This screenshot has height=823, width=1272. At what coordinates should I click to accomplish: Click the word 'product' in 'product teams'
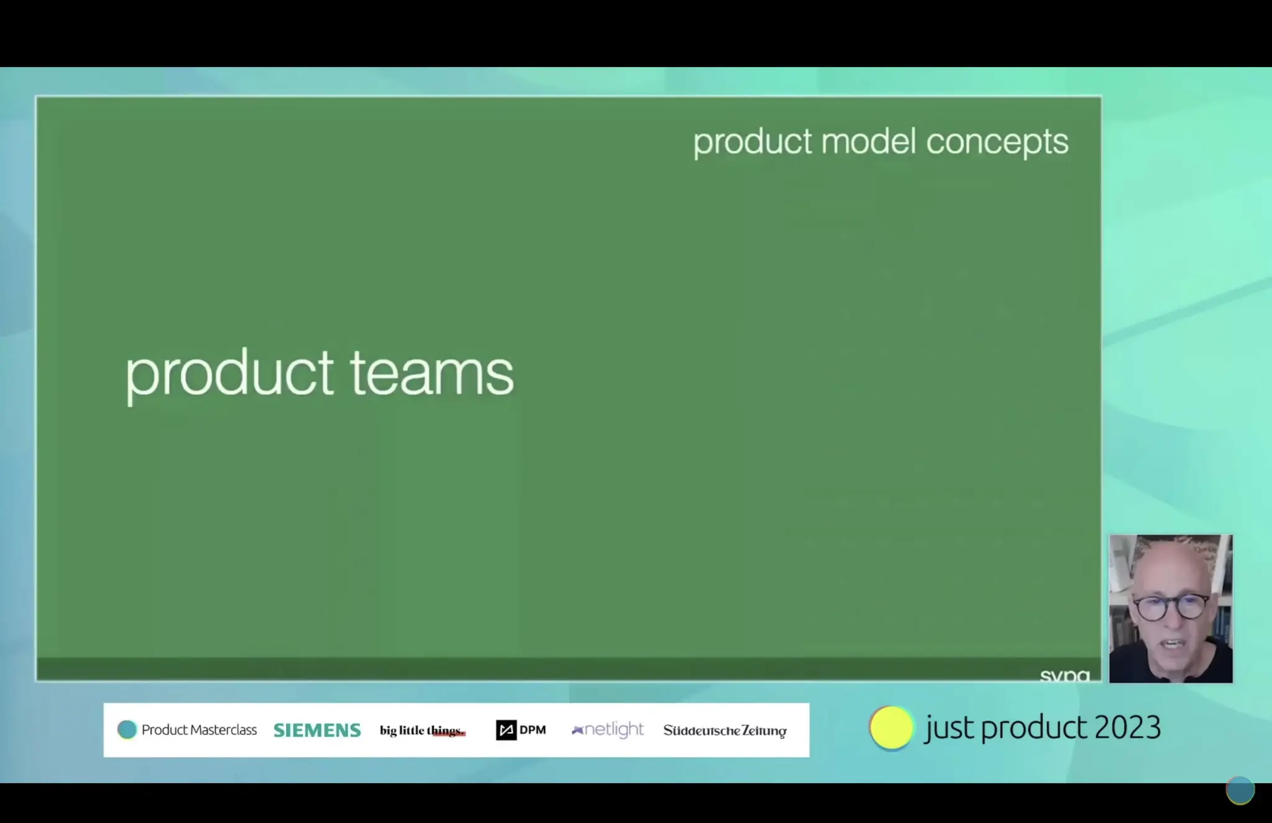click(x=229, y=374)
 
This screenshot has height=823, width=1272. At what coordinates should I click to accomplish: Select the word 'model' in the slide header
click(x=868, y=142)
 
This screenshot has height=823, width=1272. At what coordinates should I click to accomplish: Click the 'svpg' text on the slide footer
click(x=1065, y=675)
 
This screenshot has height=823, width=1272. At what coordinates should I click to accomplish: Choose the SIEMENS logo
click(x=317, y=730)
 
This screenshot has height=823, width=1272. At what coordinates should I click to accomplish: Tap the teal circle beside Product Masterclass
click(x=127, y=730)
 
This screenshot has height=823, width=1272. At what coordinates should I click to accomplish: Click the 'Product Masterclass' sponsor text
click(x=199, y=730)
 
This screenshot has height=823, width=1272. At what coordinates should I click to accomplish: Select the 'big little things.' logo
click(x=422, y=730)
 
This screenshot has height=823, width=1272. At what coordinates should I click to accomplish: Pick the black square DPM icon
click(x=506, y=730)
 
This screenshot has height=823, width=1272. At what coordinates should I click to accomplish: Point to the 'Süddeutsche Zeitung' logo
click(x=725, y=730)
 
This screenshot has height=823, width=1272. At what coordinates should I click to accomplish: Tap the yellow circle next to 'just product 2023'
click(x=891, y=728)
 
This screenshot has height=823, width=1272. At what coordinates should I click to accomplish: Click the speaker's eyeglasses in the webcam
click(x=1170, y=607)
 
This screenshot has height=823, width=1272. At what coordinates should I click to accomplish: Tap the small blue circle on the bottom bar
click(x=1240, y=791)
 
